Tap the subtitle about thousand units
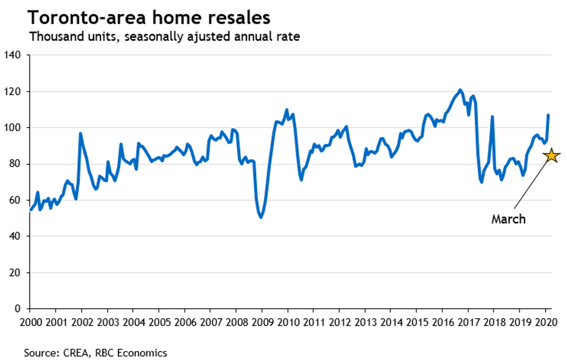(x=165, y=37)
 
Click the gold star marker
(x=551, y=155)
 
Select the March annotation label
(x=509, y=219)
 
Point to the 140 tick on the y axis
(x=13, y=56)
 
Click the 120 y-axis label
(x=13, y=91)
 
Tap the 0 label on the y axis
(x=18, y=308)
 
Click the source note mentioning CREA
(x=95, y=352)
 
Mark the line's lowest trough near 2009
(x=261, y=217)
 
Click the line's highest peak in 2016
(x=460, y=90)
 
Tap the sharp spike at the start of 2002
(x=80, y=134)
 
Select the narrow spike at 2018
(x=492, y=117)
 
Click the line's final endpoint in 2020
(x=548, y=115)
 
